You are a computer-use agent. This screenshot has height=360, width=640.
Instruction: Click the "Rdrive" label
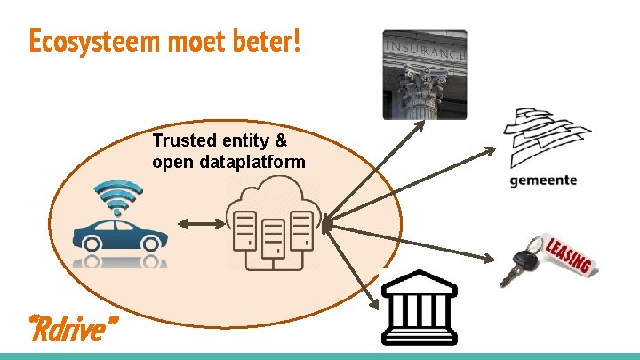click(73, 331)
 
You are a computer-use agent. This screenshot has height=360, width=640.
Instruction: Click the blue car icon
click(120, 233)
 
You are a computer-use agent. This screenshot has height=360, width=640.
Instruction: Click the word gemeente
click(543, 180)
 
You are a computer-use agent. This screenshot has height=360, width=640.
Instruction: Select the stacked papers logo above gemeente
click(545, 137)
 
